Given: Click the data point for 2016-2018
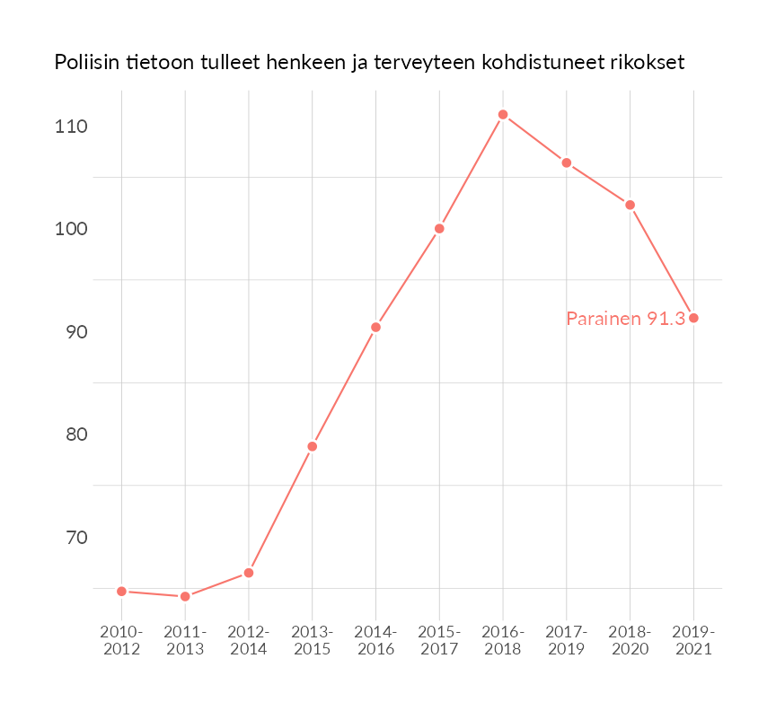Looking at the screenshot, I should pos(503,115).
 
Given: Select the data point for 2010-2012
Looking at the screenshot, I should pos(121,592).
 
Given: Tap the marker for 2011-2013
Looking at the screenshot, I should pos(185,597).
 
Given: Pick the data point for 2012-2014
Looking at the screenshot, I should pos(249,573).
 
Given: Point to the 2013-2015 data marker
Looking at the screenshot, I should pos(313,446).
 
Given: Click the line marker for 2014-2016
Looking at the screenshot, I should pos(375,328).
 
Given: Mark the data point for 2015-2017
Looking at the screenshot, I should pos(439,229).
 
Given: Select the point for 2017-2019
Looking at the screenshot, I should pos(567,162).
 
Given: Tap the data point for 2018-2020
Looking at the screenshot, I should pos(630,205).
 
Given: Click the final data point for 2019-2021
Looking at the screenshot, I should pos(693,318).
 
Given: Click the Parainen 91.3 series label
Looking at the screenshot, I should pos(625,319).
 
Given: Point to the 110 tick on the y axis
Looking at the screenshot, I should pos(70,127).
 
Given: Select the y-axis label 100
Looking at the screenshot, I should pos(70,229).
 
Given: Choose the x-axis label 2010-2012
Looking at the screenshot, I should pos(121,641).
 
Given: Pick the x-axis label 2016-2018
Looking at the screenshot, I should pos(503,641).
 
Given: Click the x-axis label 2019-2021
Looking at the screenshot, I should pos(693,641).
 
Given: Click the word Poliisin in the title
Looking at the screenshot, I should pos(87,63).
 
